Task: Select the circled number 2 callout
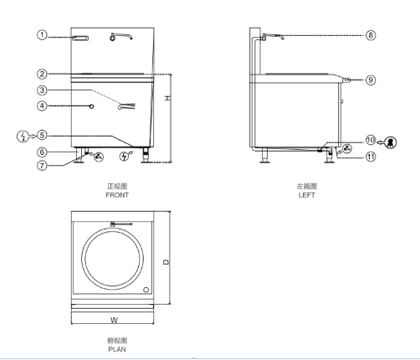click(41, 74)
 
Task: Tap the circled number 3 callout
click(41, 90)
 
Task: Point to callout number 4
click(41, 106)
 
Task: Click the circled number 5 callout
click(41, 134)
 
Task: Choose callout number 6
click(41, 152)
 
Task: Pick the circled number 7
click(41, 164)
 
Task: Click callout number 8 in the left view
click(370, 35)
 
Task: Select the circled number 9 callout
click(370, 80)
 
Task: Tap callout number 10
click(370, 141)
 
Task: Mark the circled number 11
click(370, 156)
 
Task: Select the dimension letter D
click(166, 261)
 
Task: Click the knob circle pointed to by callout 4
click(91, 106)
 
